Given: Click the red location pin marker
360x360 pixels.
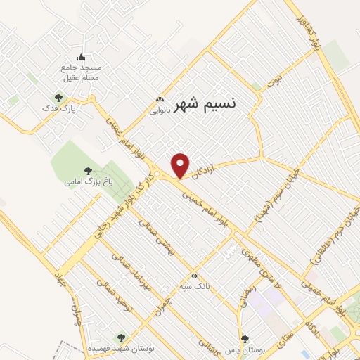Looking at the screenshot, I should (181, 165).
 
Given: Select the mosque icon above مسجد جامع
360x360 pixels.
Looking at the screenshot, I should (81, 58).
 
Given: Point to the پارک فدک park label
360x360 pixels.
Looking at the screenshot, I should (58, 108).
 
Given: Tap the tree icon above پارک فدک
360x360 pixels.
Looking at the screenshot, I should (58, 98).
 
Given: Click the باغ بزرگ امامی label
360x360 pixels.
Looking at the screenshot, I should (88, 181).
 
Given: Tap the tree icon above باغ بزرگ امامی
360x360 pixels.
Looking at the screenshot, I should (88, 170).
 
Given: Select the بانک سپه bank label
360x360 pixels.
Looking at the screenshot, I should (194, 285).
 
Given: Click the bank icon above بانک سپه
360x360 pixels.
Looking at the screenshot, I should (194, 276).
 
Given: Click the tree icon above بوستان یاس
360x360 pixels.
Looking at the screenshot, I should (245, 338).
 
